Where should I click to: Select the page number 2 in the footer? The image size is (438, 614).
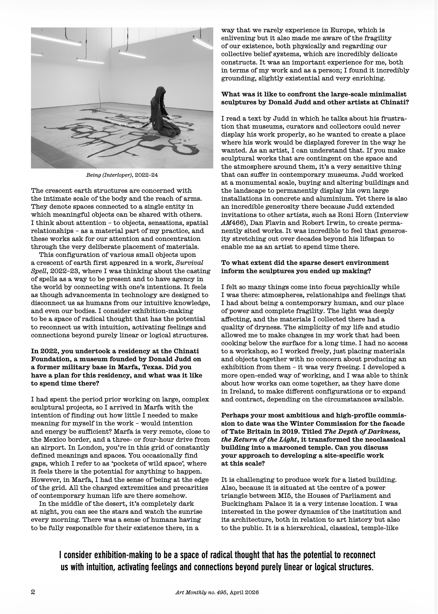tap(33, 592)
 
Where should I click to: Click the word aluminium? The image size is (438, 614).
tap(324, 199)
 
